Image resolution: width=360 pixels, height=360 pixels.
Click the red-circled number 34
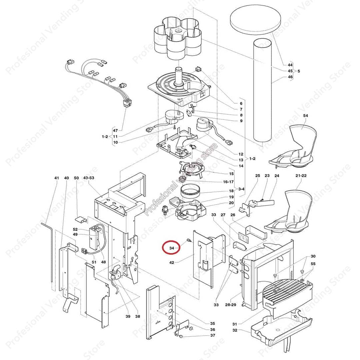[x=172, y=248]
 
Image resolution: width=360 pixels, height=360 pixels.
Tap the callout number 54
[x=306, y=115]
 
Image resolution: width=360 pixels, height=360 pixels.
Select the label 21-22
[x=301, y=176]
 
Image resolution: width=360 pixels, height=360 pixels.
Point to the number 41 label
[x=56, y=178]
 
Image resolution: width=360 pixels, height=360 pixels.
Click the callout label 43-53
[x=89, y=178]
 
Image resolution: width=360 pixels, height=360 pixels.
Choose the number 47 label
[x=115, y=130]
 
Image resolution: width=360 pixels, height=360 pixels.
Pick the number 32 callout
[x=235, y=330]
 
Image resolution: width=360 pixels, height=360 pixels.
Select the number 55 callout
[x=313, y=264]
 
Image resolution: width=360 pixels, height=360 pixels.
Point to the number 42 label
[x=172, y=263]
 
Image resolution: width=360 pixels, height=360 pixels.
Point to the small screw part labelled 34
[x=188, y=241]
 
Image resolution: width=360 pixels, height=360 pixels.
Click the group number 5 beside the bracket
[x=299, y=71]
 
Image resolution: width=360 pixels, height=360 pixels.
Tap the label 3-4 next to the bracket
[x=241, y=189]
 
